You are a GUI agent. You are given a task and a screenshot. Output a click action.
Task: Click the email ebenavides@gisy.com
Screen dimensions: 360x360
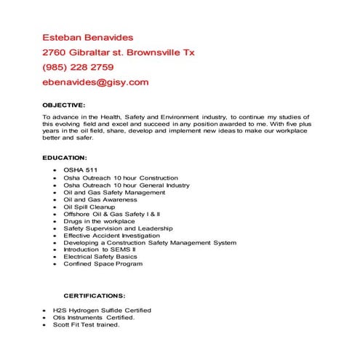[95, 82]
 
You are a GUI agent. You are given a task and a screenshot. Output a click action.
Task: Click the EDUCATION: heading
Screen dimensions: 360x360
[65, 157]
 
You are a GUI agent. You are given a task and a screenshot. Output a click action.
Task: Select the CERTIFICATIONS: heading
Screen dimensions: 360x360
[94, 296]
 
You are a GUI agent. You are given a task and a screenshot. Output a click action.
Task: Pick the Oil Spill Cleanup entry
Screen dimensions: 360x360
[91, 207]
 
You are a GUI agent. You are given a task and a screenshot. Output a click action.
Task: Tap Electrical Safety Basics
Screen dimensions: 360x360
[100, 257]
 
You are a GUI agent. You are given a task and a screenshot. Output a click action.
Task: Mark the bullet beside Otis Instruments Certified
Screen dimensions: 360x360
[45, 318]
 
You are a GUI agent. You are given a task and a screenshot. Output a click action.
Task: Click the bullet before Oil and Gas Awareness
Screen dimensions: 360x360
[56, 199]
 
